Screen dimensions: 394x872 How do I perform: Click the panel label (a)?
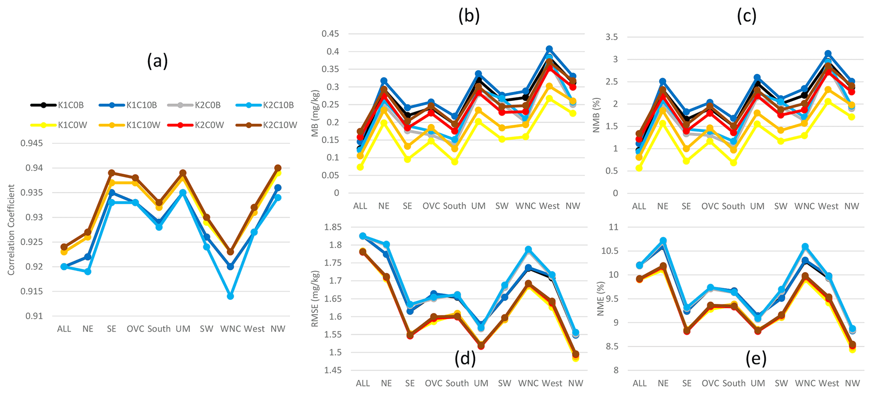pyautogui.click(x=157, y=61)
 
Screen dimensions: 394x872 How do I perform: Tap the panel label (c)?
pyautogui.click(x=746, y=16)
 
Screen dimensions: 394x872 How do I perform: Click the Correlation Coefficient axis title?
pyautogui.click(x=11, y=229)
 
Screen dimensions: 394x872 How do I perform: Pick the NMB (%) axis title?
pyautogui.click(x=596, y=114)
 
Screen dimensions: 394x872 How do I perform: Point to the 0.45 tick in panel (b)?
pyautogui.click(x=330, y=34)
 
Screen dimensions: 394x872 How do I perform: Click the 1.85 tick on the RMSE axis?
pyautogui.click(x=333, y=227)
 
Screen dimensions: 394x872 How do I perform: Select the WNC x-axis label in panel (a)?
pyautogui.click(x=230, y=329)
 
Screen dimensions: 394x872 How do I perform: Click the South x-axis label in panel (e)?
pyautogui.click(x=734, y=383)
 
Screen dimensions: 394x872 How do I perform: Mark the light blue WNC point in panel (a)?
pyautogui.click(x=230, y=296)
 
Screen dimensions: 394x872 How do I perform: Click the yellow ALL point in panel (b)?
pyautogui.click(x=360, y=167)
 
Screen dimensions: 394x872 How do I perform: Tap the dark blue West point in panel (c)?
pyautogui.click(x=828, y=54)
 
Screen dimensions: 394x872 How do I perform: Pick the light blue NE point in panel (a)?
pyautogui.click(x=88, y=271)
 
